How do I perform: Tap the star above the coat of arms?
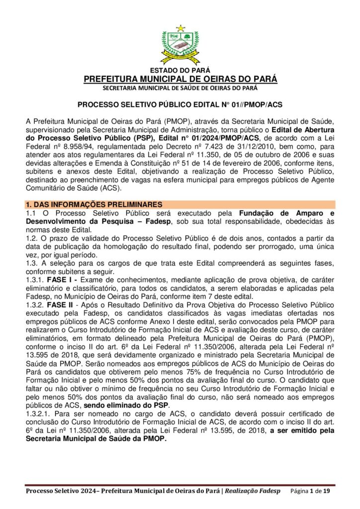click(x=180, y=28)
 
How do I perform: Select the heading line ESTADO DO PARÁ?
click(x=180, y=71)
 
